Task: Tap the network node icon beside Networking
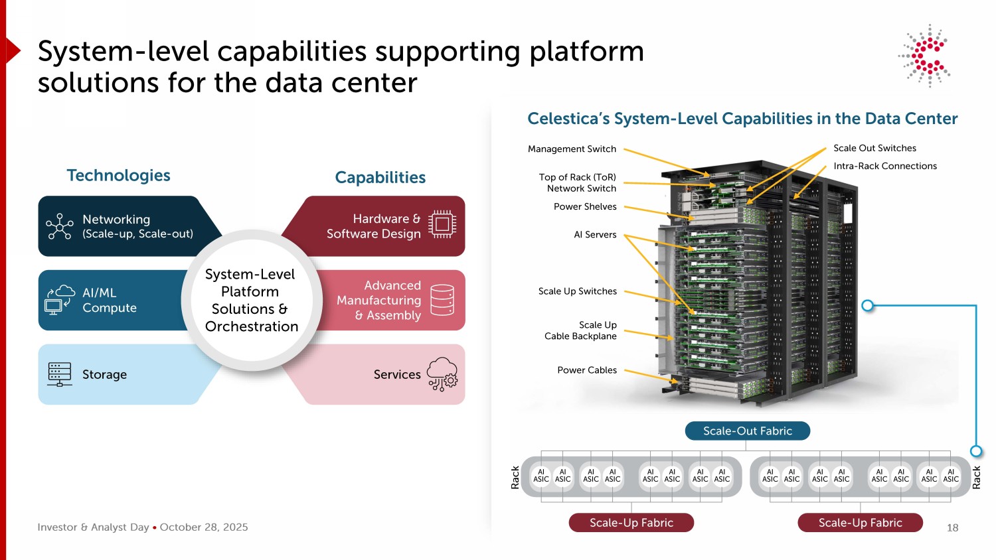pos(59,226)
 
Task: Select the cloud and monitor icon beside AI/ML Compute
pos(59,300)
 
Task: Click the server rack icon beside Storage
pos(59,374)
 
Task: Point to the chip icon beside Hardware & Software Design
pos(442,224)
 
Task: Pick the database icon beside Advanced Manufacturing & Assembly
pos(442,300)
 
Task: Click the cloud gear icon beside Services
pos(442,374)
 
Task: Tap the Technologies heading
pos(118,175)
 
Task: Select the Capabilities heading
pos(380,178)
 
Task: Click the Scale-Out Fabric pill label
pos(748,431)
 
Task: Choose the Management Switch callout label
pos(572,149)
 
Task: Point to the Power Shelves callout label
pos(585,207)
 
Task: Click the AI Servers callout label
pos(595,235)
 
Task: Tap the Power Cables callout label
pos(587,370)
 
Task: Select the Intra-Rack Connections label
pos(885,167)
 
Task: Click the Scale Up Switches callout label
pos(577,291)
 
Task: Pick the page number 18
pos(952,528)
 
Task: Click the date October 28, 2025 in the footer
pos(204,527)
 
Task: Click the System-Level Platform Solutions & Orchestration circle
pos(252,300)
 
